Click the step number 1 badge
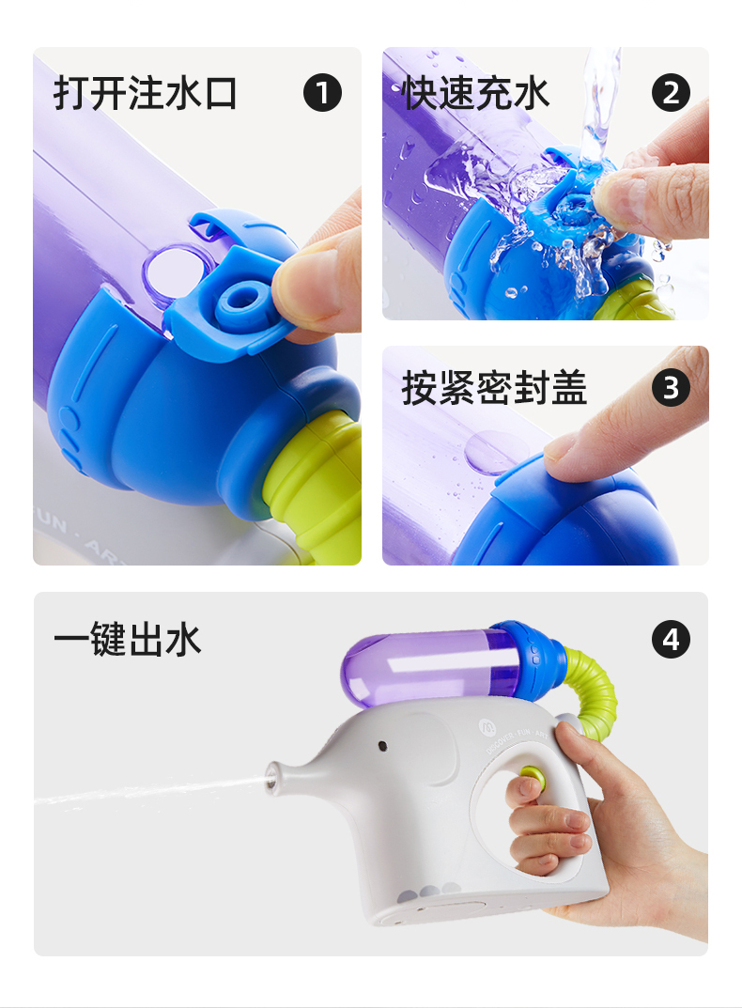[322, 93]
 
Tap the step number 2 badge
[671, 93]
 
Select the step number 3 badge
[671, 388]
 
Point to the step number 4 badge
[671, 639]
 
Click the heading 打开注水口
[146, 93]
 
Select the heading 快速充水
[475, 93]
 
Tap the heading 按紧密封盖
[494, 388]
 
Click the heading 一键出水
[128, 639]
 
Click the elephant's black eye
[382, 746]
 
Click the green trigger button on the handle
[533, 777]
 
